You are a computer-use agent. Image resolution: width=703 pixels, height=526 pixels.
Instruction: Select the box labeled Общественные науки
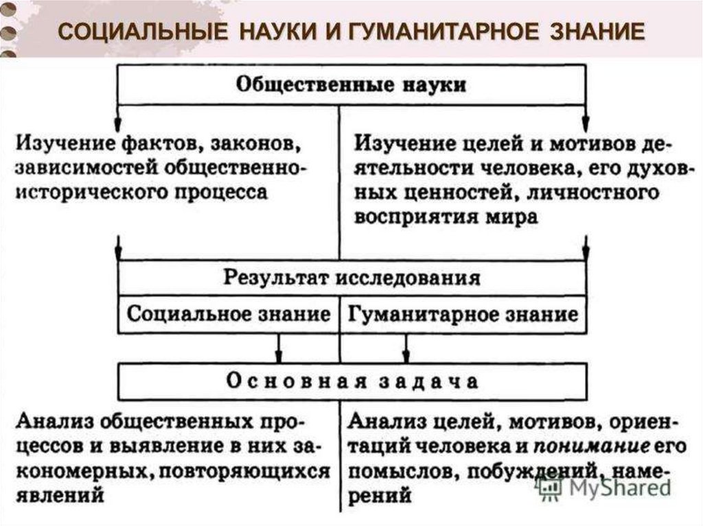pos(351,85)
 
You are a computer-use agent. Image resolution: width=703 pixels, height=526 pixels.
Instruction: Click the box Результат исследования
pos(351,278)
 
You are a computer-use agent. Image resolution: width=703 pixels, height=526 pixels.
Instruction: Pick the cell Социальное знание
pos(229,315)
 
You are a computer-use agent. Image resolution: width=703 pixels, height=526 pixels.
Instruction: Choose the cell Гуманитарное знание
pos(463,315)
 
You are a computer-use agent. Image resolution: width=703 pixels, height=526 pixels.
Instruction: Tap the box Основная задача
pos(351,381)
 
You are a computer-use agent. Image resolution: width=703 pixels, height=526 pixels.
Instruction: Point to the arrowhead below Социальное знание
pos(278,355)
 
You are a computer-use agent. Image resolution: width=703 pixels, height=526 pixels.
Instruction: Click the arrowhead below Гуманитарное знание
pos(406,355)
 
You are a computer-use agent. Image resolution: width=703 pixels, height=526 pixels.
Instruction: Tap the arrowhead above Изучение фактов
pos(118,112)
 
